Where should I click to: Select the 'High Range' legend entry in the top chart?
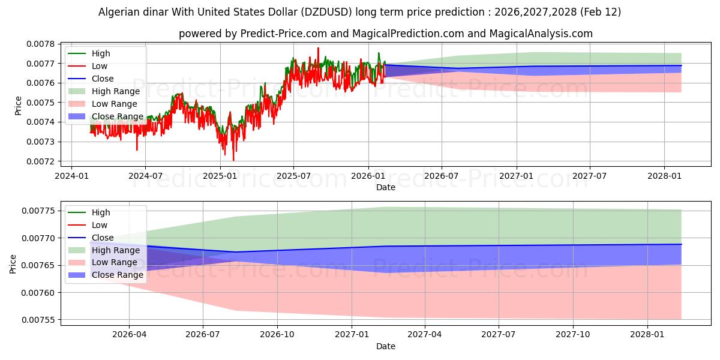click(x=116, y=91)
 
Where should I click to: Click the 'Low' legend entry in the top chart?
click(x=100, y=66)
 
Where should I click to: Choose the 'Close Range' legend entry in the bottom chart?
click(x=118, y=275)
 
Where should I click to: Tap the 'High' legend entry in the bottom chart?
click(x=101, y=212)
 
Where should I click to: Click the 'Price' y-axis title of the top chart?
click(x=18, y=106)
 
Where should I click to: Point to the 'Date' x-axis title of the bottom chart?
click(x=386, y=346)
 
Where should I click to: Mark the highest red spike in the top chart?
click(x=318, y=47)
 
